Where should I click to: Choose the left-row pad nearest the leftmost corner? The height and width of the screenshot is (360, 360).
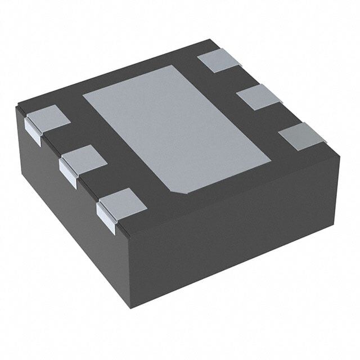(48, 118)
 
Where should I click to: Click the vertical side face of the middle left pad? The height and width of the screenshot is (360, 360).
(68, 172)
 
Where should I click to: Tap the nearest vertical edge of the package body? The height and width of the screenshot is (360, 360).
(129, 270)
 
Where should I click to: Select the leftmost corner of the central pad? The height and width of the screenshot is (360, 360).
(83, 94)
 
